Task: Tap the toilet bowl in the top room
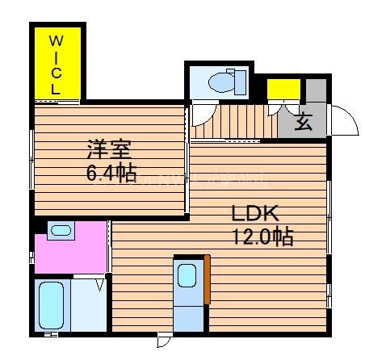click(220, 81)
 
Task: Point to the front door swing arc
click(346, 121)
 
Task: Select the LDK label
click(254, 215)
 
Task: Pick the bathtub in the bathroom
click(52, 306)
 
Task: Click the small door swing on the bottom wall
click(166, 340)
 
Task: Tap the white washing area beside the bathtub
click(89, 306)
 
